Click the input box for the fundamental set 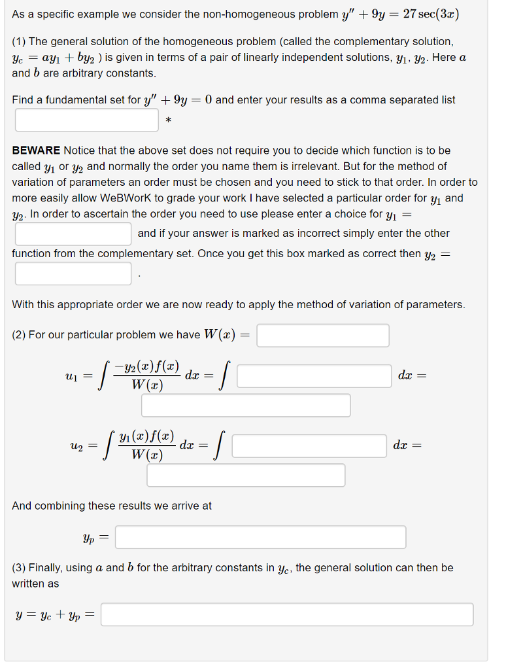[87, 120]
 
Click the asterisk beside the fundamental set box [169, 121]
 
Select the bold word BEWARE [36, 150]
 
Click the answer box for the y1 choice [73, 234]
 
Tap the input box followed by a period [73, 273]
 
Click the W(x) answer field [323, 336]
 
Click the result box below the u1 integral [246, 406]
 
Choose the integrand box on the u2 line [309, 446]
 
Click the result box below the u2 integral [246, 475]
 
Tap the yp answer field [261, 538]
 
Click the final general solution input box [287, 614]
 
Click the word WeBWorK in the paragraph [126, 198]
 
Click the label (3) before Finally [20, 568]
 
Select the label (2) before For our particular [20, 335]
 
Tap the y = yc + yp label [55, 615]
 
